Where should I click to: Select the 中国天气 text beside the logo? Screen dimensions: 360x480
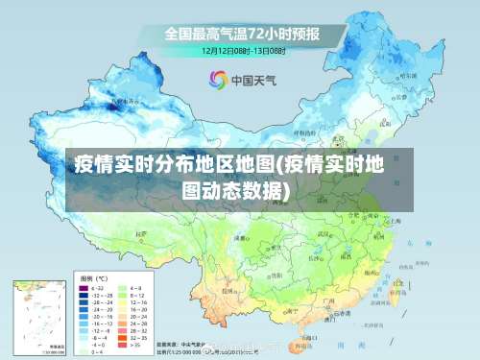tap(253, 80)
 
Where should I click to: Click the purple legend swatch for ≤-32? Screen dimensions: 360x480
tap(83, 287)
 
